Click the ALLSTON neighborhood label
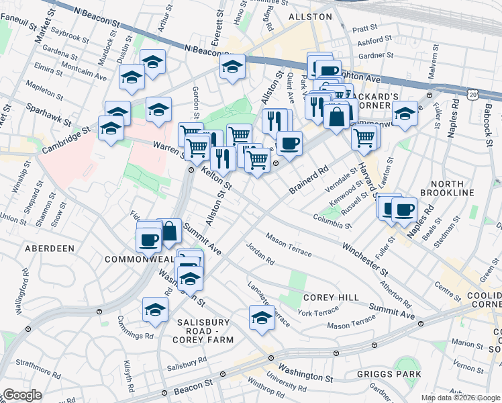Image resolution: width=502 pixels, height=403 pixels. (x=310, y=16)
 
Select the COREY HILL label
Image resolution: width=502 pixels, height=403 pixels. (x=328, y=297)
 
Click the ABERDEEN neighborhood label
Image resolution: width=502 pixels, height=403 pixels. (x=49, y=249)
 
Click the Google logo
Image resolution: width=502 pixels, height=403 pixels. (x=22, y=395)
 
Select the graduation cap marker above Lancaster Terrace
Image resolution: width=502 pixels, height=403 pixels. (x=262, y=318)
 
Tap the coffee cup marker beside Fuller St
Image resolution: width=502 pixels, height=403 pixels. (x=404, y=209)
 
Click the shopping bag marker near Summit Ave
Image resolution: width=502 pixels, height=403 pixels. (x=170, y=231)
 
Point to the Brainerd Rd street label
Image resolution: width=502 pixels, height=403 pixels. (x=309, y=179)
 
